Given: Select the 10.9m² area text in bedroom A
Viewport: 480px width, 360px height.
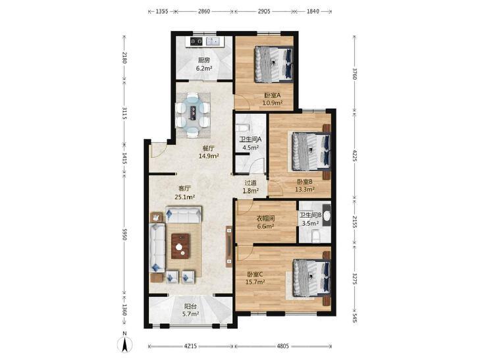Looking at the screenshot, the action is click(x=272, y=103).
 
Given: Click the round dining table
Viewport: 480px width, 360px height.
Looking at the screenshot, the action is click(x=192, y=114).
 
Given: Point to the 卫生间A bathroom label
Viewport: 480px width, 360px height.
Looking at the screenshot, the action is click(x=250, y=140).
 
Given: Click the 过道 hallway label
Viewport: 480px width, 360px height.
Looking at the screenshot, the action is click(x=250, y=183).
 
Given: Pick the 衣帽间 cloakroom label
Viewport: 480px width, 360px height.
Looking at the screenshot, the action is click(x=265, y=219).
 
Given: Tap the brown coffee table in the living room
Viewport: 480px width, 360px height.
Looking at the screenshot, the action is click(x=180, y=246).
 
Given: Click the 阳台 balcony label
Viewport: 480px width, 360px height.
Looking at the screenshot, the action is click(x=190, y=306).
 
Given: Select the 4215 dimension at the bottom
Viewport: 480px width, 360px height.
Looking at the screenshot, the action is click(x=190, y=346).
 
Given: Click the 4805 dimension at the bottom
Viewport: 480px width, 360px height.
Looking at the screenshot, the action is click(x=283, y=346).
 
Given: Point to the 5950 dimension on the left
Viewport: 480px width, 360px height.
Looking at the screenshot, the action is click(x=124, y=233).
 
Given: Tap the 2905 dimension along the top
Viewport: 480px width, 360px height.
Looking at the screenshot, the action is click(x=264, y=11).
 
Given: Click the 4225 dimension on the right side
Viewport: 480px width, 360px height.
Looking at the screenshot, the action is click(x=354, y=155).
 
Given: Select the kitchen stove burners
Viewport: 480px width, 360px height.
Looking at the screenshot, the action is click(x=196, y=41).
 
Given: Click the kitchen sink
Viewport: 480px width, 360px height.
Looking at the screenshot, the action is click(x=214, y=41).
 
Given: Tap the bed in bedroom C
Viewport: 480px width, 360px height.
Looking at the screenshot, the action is click(x=311, y=278).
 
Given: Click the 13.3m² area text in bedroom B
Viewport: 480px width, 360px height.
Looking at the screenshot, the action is click(x=305, y=190).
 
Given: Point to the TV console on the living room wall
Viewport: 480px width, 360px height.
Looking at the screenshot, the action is click(x=229, y=246).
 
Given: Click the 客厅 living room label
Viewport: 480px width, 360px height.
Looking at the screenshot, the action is click(x=184, y=189).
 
